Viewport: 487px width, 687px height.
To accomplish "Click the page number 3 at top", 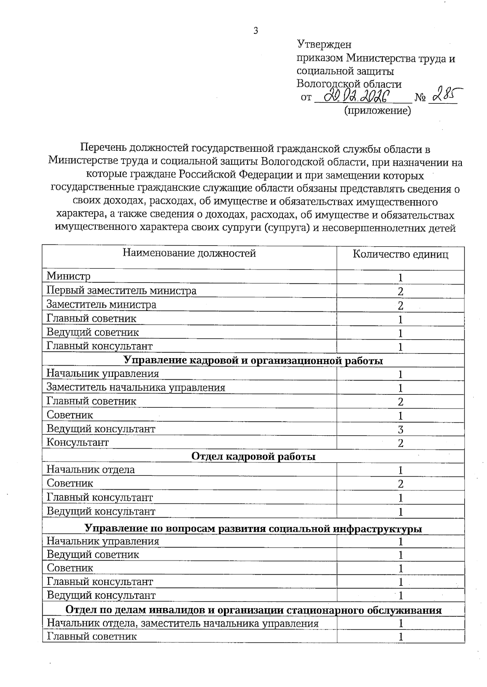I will tap(256, 31).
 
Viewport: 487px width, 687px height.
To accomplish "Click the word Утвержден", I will tap(324, 44).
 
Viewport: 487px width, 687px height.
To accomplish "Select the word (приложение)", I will tap(377, 110).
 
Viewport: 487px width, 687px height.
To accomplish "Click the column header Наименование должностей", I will tap(189, 253).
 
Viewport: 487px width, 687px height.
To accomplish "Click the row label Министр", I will tap(69, 276).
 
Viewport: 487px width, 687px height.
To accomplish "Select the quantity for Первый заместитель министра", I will tap(401, 291).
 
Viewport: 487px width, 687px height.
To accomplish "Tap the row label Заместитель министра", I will tap(101, 304).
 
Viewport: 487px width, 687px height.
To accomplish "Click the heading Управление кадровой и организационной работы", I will tap(253, 360).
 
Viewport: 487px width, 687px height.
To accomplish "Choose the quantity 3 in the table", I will tap(401, 430).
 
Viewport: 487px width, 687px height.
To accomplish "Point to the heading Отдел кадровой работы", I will tap(253, 456).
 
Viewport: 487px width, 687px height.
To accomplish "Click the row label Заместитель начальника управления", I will tap(136, 387).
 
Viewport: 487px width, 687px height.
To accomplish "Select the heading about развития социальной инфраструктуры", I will tap(253, 529).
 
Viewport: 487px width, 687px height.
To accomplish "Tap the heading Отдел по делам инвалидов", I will tap(253, 610).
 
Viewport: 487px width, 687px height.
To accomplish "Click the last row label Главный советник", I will tap(92, 636).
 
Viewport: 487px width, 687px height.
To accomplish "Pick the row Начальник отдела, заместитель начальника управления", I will tap(183, 623).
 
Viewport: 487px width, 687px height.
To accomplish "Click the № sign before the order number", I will tap(420, 98).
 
